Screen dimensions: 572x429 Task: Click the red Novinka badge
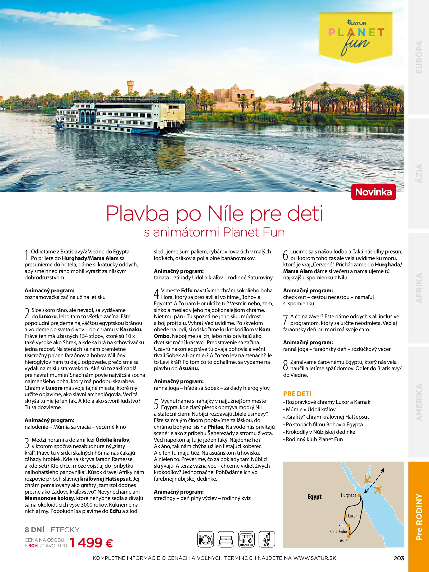373,192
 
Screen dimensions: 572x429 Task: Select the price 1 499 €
91,543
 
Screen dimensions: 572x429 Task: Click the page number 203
399,558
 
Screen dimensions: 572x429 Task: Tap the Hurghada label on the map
349,495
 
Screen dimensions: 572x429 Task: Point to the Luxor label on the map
352,516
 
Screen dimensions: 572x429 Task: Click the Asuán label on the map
345,540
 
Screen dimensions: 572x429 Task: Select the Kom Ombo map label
338,531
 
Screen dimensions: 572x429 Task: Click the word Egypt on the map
314,497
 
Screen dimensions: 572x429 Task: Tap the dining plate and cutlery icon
206,539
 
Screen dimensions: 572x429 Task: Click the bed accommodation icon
226,539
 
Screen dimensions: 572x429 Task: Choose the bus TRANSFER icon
246,539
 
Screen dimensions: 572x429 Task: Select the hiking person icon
267,539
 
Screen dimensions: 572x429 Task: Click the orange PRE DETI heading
297,394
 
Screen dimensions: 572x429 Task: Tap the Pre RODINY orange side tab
419,516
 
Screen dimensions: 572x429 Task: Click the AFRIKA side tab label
419,288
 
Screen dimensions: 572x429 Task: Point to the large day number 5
156,404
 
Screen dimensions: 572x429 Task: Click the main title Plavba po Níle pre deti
214,213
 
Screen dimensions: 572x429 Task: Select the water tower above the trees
130,86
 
